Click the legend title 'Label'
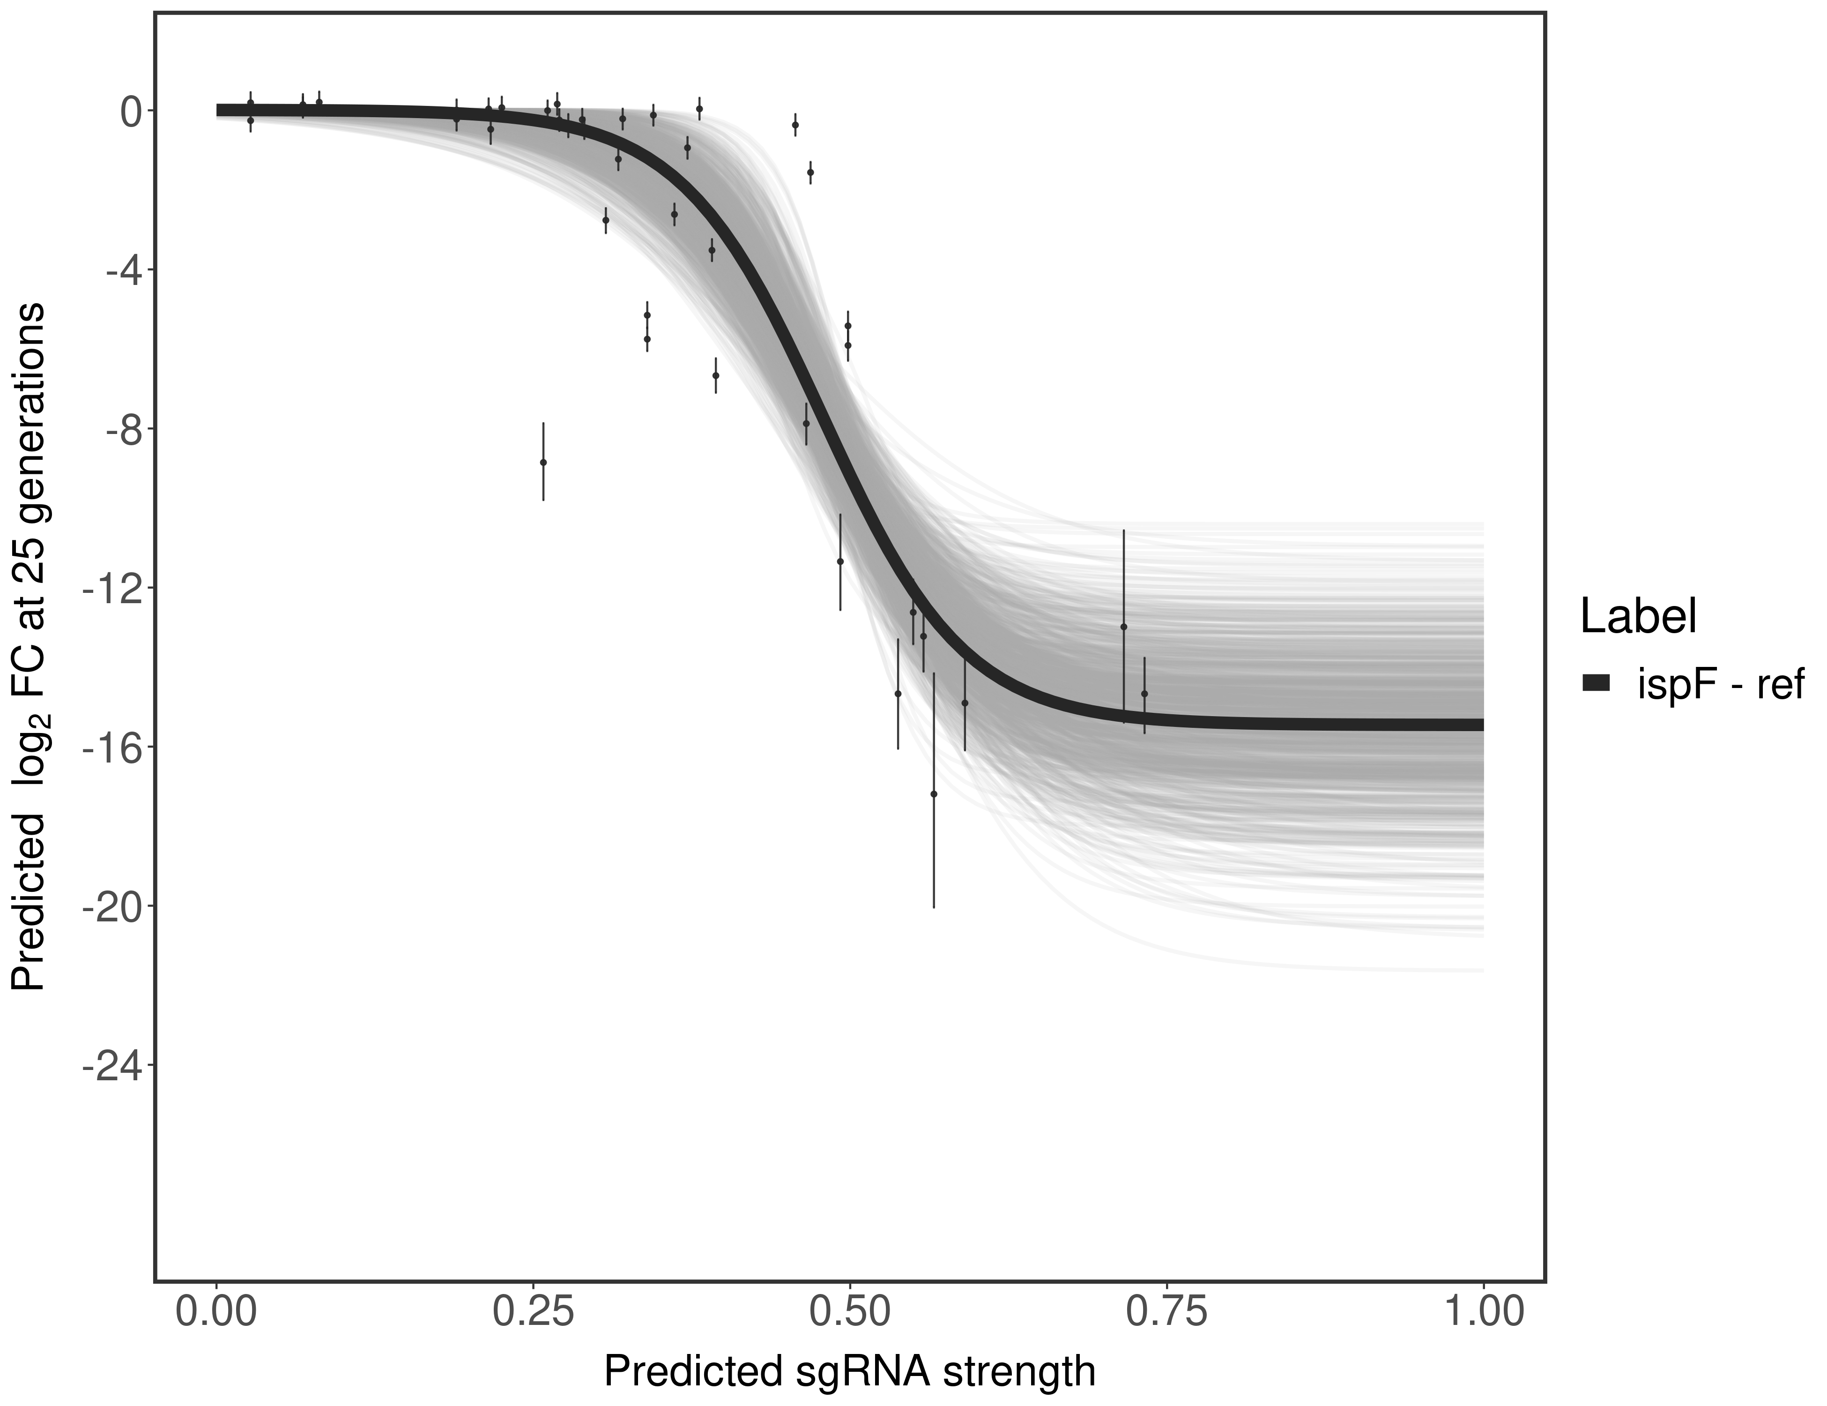tap(1638, 617)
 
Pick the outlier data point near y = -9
tap(543, 462)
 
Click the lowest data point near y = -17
tap(934, 793)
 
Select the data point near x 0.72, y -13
tap(1123, 626)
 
